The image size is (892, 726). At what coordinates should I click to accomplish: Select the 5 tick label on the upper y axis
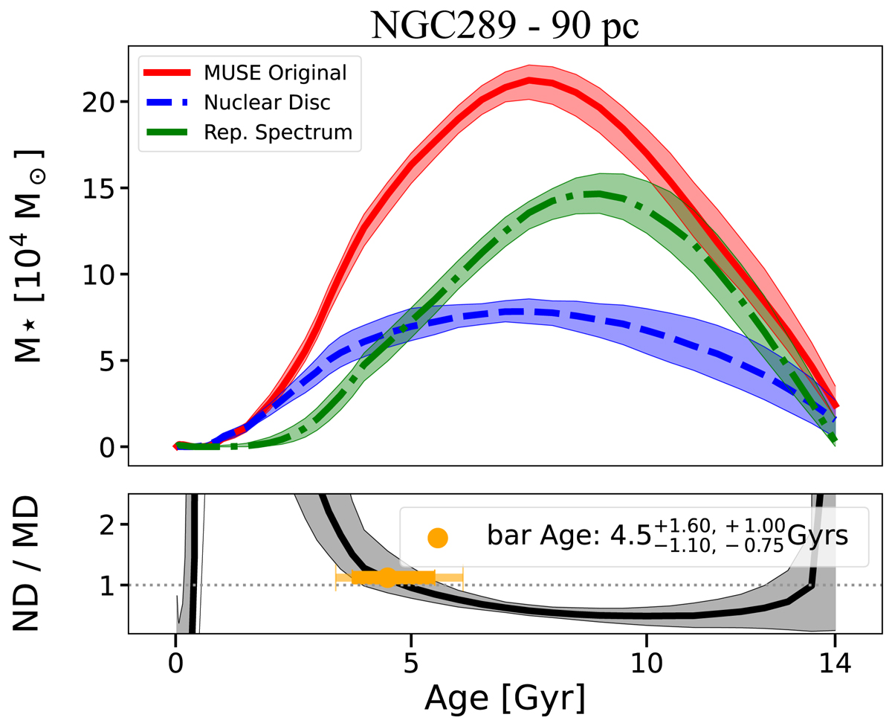point(114,361)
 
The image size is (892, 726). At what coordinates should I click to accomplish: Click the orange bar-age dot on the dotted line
point(387,577)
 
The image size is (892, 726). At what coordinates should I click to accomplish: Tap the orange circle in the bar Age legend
point(438,537)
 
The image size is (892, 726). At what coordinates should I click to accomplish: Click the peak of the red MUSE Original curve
point(529,79)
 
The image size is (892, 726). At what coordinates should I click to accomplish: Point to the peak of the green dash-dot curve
point(598,194)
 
